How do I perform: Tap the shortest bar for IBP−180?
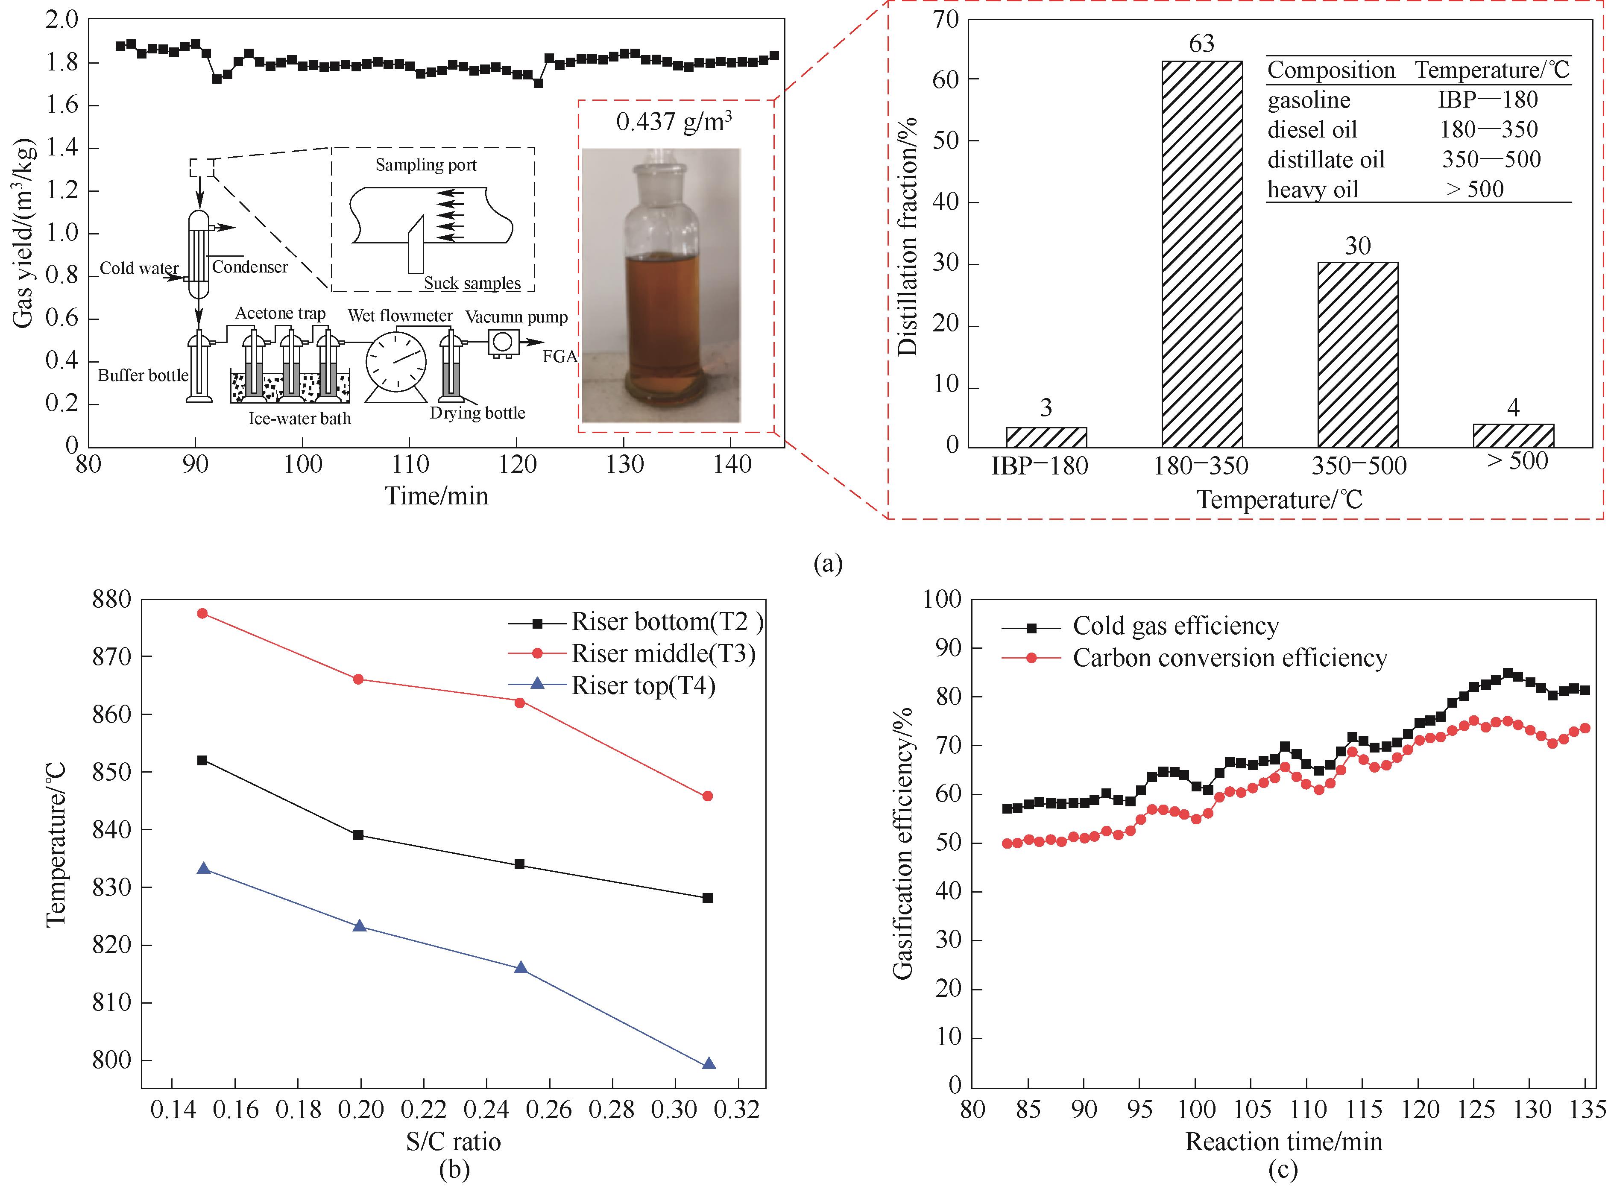tap(1046, 437)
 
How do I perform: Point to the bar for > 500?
tap(1513, 436)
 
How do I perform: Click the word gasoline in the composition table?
tap(1309, 100)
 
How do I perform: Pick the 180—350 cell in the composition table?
tap(1488, 129)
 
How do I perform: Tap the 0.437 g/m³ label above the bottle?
tap(674, 121)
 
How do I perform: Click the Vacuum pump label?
tap(516, 316)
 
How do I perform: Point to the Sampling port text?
tap(426, 165)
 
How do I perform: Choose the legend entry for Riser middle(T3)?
tap(662, 653)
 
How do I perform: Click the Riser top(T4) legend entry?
tap(643, 685)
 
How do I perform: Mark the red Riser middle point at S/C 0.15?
tap(202, 613)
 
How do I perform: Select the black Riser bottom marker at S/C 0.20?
tap(358, 835)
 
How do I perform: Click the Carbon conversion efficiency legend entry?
tap(1230, 658)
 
